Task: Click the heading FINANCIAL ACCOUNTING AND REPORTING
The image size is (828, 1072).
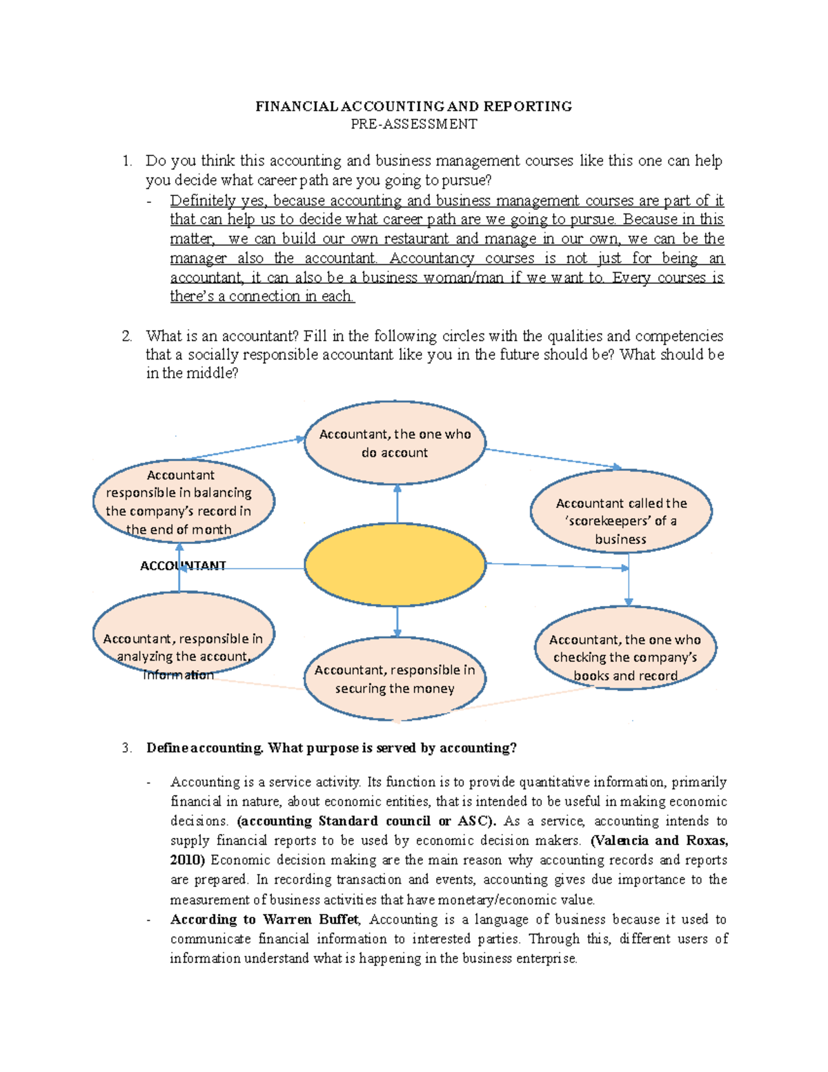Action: (x=413, y=106)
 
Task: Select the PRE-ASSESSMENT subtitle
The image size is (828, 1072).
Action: (x=413, y=124)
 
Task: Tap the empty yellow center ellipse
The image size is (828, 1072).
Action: (x=395, y=564)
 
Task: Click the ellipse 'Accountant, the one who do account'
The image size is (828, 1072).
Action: (x=395, y=443)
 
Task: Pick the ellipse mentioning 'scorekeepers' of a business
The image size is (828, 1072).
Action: (x=621, y=511)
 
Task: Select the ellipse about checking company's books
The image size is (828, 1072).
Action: (x=625, y=649)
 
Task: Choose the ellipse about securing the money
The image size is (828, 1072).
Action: (x=395, y=679)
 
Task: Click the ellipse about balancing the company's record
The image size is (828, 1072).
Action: (x=184, y=502)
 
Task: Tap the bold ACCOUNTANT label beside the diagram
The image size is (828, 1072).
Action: (x=183, y=566)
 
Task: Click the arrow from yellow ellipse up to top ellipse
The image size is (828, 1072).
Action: (x=397, y=503)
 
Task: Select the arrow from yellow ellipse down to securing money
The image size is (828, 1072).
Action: (x=397, y=622)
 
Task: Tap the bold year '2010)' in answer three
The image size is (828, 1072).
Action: (x=188, y=860)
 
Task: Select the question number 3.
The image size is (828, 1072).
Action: (x=126, y=748)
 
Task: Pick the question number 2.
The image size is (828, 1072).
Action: (x=126, y=336)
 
